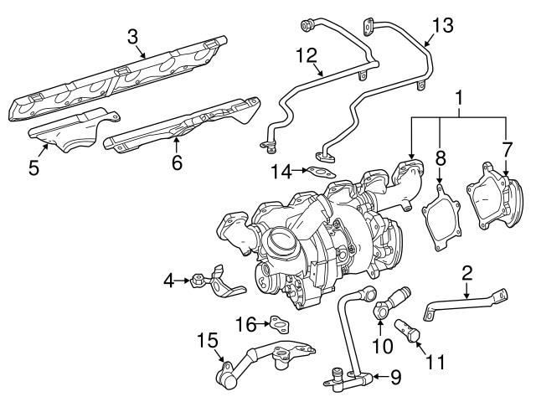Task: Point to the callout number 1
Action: (x=458, y=98)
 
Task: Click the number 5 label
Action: (x=33, y=167)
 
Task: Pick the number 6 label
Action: (x=177, y=162)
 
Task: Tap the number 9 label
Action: (x=396, y=378)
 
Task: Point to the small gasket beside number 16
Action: (x=279, y=322)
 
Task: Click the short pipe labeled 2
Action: (x=465, y=302)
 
